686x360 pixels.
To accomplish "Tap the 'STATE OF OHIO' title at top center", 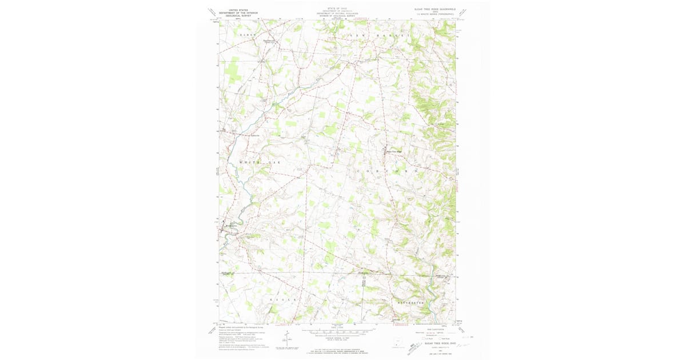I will [x=337, y=9].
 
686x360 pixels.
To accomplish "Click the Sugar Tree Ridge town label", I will [x=394, y=151].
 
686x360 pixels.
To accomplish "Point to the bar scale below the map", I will [x=337, y=327].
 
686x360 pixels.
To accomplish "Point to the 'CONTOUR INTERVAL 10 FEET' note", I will [x=337, y=333].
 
